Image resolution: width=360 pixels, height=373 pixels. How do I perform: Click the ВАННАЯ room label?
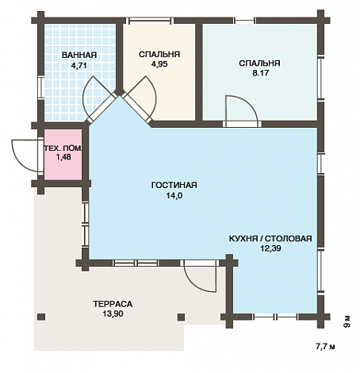pyautogui.click(x=79, y=56)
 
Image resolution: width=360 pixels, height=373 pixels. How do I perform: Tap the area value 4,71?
pyautogui.click(x=79, y=66)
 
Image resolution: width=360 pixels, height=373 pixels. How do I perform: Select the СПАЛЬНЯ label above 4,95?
pyautogui.click(x=159, y=54)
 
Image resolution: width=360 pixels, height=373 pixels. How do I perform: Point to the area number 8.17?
pyautogui.click(x=261, y=73)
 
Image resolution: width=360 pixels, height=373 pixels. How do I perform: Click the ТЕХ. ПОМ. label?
pyautogui.click(x=63, y=148)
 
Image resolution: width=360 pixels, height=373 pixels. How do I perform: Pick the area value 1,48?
pyautogui.click(x=63, y=157)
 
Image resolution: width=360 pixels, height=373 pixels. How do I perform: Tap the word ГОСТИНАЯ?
pyautogui.click(x=174, y=185)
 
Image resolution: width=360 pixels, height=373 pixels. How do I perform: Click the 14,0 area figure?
pyautogui.click(x=174, y=196)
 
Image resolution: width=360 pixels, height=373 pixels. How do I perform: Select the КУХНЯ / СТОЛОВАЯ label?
pyautogui.click(x=270, y=239)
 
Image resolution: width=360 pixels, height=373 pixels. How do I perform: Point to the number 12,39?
pyautogui.click(x=270, y=248)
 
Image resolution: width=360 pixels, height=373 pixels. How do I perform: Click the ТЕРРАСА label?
pyautogui.click(x=113, y=304)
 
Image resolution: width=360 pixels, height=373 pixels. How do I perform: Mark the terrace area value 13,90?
pyautogui.click(x=113, y=314)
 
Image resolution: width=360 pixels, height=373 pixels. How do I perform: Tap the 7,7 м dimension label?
pyautogui.click(x=325, y=346)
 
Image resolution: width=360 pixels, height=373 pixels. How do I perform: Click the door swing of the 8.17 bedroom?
pyautogui.click(x=240, y=110)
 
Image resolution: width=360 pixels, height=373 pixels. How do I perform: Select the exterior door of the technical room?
pyautogui.click(x=26, y=156)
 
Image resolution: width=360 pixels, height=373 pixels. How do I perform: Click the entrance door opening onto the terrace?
pyautogui.click(x=201, y=276)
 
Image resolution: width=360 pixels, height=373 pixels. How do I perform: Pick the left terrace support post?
pyautogui.click(x=41, y=317)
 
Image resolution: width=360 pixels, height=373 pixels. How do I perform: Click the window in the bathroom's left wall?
pyautogui.click(x=40, y=87)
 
